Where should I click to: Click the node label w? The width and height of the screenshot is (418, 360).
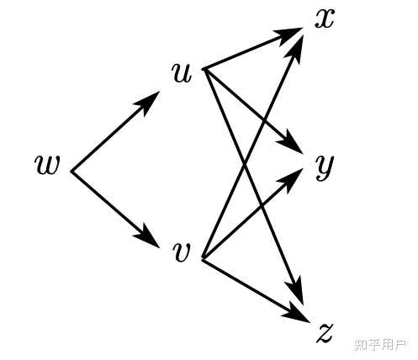point(47,165)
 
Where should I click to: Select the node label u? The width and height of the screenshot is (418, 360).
point(183,72)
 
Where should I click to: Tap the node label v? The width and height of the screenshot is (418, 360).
point(182,252)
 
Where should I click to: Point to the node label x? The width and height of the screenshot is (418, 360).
point(325,19)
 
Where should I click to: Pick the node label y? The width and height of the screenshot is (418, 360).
point(325,167)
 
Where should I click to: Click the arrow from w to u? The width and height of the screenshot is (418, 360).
point(115,131)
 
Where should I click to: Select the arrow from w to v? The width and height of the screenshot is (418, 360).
point(115,209)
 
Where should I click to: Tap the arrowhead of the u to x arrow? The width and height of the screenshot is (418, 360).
point(288,34)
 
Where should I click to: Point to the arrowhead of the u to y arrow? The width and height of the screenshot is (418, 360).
point(291,143)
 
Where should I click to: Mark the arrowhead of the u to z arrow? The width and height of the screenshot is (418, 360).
point(296,292)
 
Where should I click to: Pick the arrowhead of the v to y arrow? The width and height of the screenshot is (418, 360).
point(291,179)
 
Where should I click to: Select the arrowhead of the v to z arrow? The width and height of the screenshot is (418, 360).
point(296,314)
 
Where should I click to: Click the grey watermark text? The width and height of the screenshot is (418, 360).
point(381,345)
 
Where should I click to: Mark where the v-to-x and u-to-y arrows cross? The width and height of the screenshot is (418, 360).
point(264,122)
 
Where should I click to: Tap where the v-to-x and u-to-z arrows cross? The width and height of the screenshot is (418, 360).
point(245,165)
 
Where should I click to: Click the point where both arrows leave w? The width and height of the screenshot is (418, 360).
point(71,171)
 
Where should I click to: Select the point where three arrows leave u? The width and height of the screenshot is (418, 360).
point(204,69)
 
